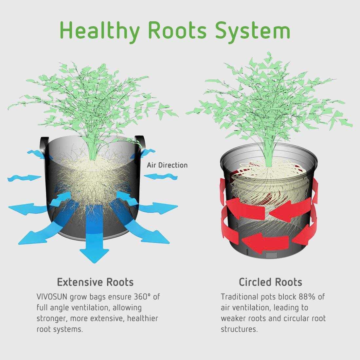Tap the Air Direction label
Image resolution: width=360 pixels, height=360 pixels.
[167, 165]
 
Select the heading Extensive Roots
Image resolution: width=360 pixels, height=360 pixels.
[95, 282]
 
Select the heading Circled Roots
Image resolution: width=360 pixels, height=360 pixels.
[270, 282]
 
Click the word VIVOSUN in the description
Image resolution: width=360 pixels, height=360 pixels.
[52, 297]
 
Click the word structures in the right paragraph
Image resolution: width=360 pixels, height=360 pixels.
[239, 329]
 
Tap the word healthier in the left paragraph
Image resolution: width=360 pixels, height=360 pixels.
[142, 318]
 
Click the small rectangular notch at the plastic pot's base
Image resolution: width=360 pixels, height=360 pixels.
[271, 255]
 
